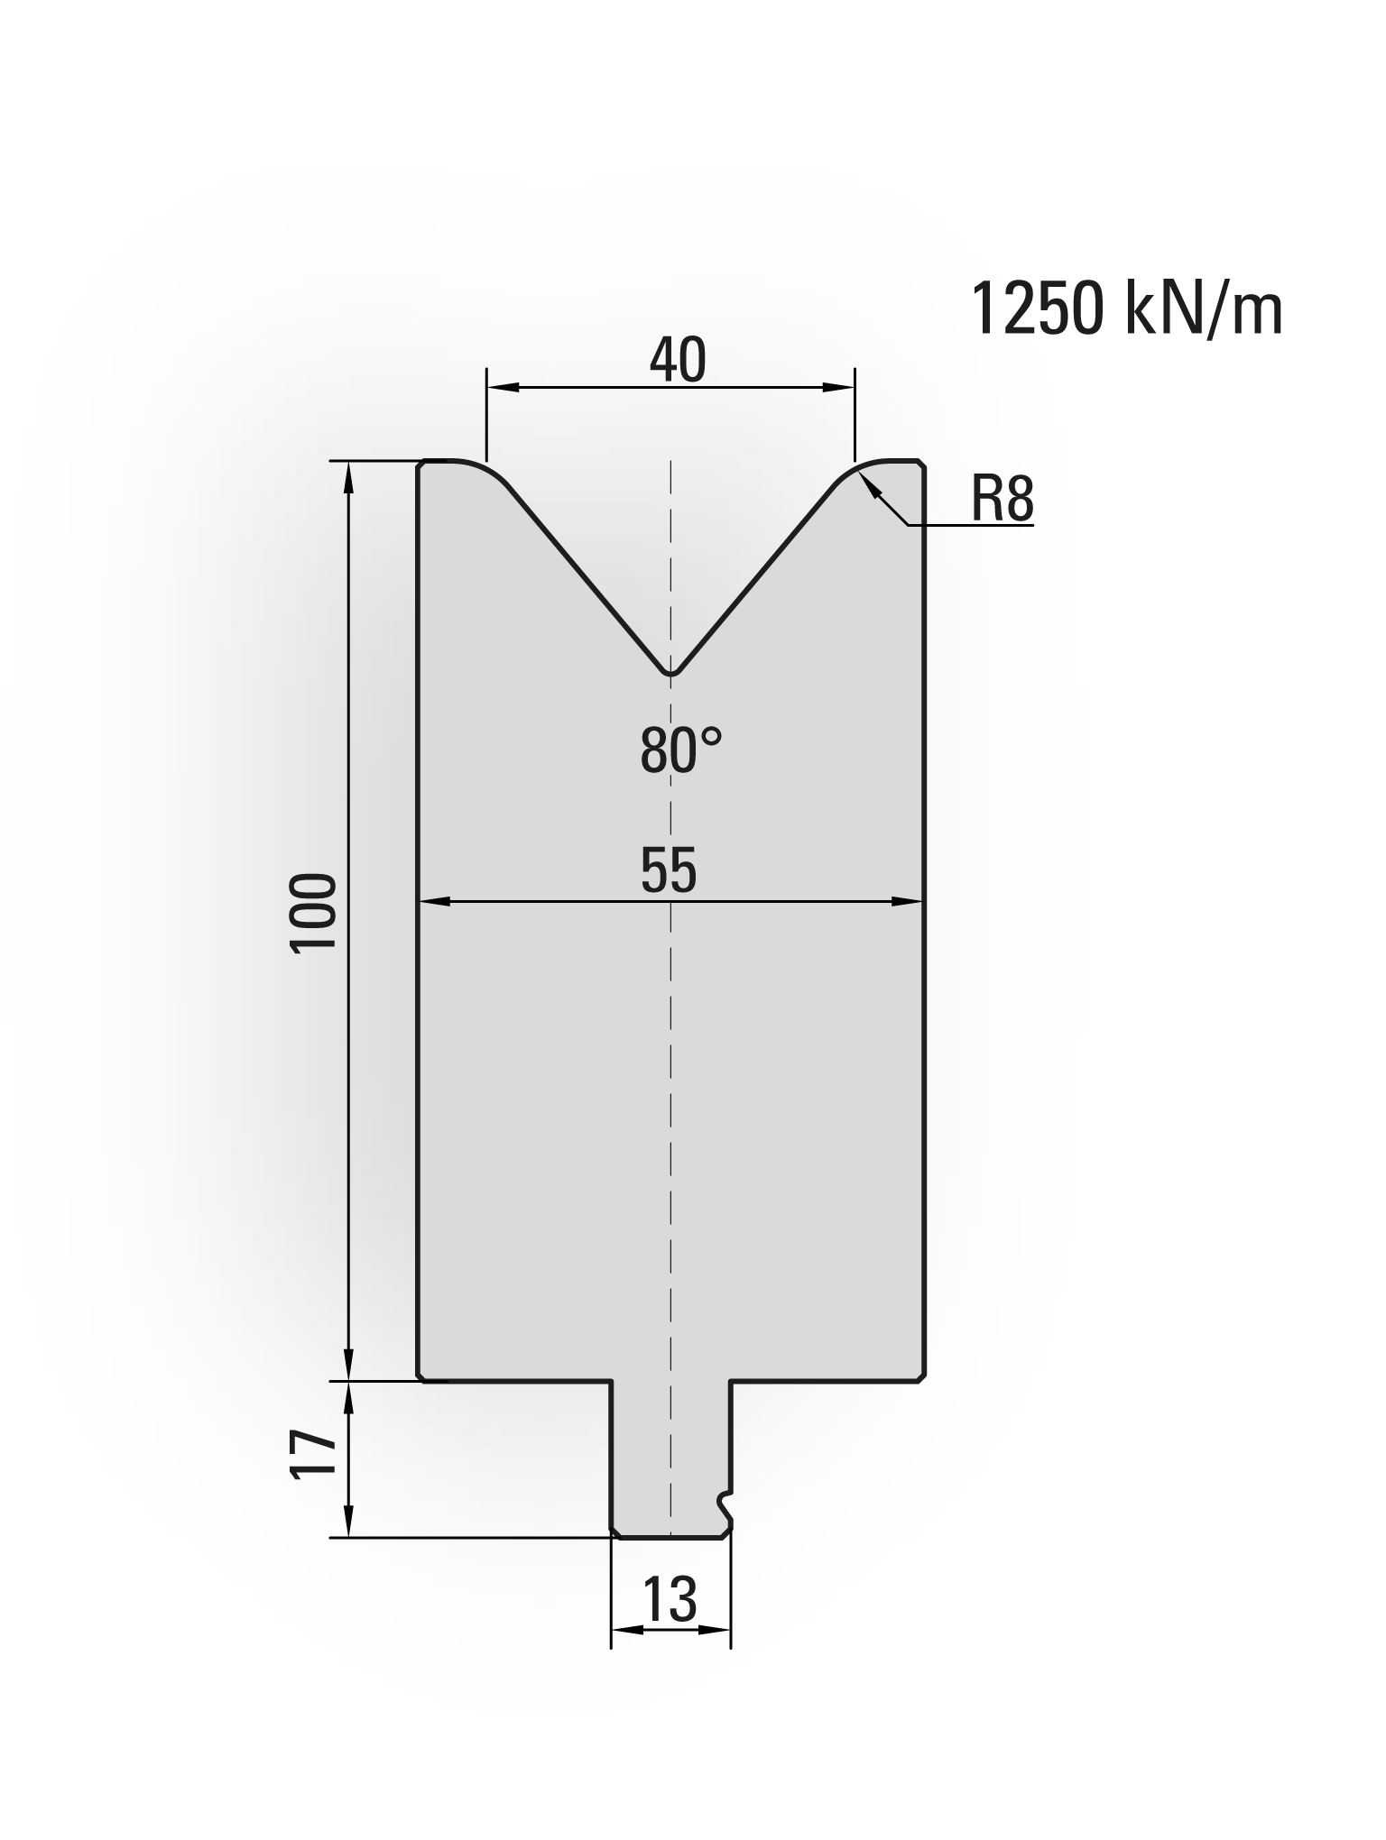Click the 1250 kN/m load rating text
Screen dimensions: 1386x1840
1126,309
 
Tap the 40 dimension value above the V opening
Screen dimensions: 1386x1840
677,360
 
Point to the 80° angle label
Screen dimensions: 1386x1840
681,750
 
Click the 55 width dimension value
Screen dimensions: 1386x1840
669,871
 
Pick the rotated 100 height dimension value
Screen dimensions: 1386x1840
313,911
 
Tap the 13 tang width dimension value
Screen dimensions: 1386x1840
670,1599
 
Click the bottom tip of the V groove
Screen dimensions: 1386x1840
670,674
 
